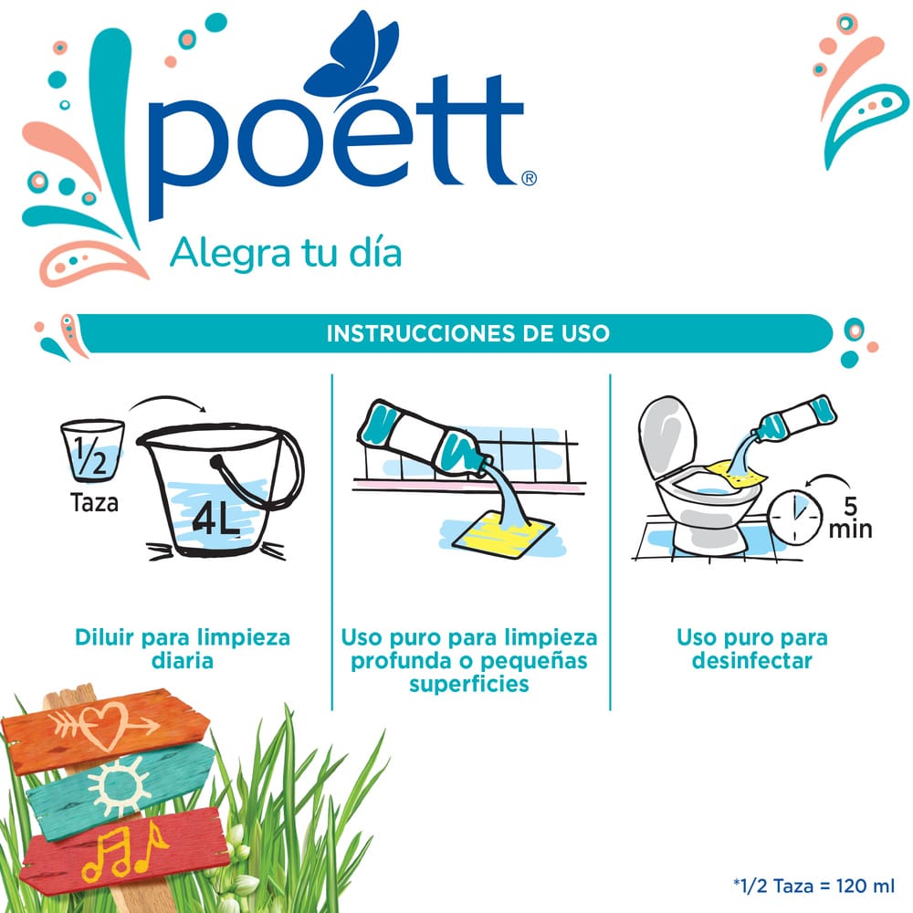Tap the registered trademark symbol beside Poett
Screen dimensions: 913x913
pyautogui.click(x=529, y=178)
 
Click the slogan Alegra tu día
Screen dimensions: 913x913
pyautogui.click(x=285, y=253)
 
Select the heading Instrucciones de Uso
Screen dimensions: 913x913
pyautogui.click(x=468, y=333)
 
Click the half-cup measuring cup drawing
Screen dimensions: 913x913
pyautogui.click(x=92, y=450)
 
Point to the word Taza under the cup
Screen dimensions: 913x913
pyautogui.click(x=94, y=502)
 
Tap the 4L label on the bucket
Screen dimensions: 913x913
pyautogui.click(x=216, y=517)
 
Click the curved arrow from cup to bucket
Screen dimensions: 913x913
pyautogui.click(x=168, y=399)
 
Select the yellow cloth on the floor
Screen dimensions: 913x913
pyautogui.click(x=503, y=534)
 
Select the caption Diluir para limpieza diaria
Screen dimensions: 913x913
pyautogui.click(x=183, y=648)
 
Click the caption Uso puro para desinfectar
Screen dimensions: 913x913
pyautogui.click(x=751, y=648)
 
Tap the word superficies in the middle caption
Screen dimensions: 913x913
pyautogui.click(x=469, y=684)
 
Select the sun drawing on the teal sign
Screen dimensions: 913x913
pyautogui.click(x=120, y=787)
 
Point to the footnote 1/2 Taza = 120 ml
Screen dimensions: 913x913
pyautogui.click(x=813, y=886)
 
